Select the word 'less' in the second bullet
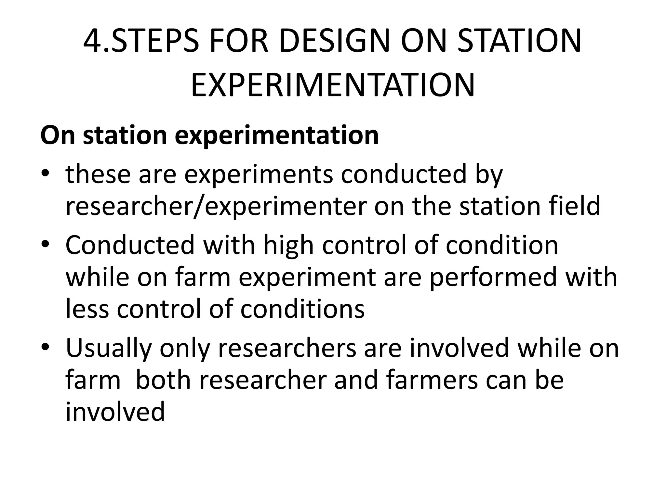87,309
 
